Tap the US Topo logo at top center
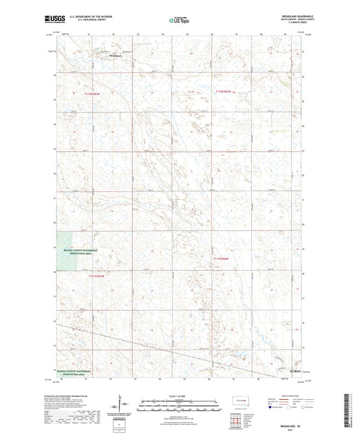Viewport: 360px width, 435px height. (174, 21)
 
